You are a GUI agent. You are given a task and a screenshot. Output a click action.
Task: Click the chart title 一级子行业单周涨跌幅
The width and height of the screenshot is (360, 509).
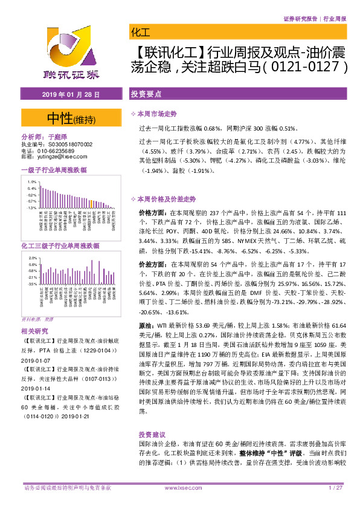coord(54,170)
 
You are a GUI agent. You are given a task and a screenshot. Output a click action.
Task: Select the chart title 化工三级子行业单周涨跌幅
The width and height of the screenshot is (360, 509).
coord(60,246)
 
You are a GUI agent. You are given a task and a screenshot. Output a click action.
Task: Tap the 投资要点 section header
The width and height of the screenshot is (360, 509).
coord(146,95)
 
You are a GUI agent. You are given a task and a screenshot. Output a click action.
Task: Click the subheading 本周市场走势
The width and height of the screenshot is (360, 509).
coord(159,114)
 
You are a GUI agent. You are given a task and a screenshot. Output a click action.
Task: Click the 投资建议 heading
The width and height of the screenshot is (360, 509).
coord(152,434)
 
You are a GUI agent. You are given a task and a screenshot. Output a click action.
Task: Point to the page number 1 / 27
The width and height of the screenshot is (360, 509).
coord(336,487)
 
